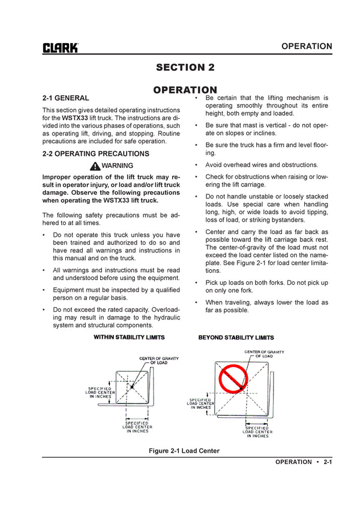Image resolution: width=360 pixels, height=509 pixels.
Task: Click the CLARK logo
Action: [60, 48]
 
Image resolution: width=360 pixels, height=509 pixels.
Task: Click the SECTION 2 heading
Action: [185, 67]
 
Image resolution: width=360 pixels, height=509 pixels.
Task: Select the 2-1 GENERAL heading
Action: [66, 98]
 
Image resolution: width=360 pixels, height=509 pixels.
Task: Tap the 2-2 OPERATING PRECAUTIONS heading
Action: [96, 153]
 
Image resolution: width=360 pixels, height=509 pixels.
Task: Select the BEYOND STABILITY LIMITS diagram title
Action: [236, 338]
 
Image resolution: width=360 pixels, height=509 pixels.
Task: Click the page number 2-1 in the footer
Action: [328, 462]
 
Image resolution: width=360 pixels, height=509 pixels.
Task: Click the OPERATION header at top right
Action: [306, 46]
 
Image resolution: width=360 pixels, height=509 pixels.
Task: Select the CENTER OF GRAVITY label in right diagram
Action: [264, 354]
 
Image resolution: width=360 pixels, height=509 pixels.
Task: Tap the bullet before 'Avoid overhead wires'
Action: [197, 165]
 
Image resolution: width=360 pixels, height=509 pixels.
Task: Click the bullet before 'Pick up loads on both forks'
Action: [197, 282]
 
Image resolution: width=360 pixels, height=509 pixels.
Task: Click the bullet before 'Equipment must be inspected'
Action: [45, 290]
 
